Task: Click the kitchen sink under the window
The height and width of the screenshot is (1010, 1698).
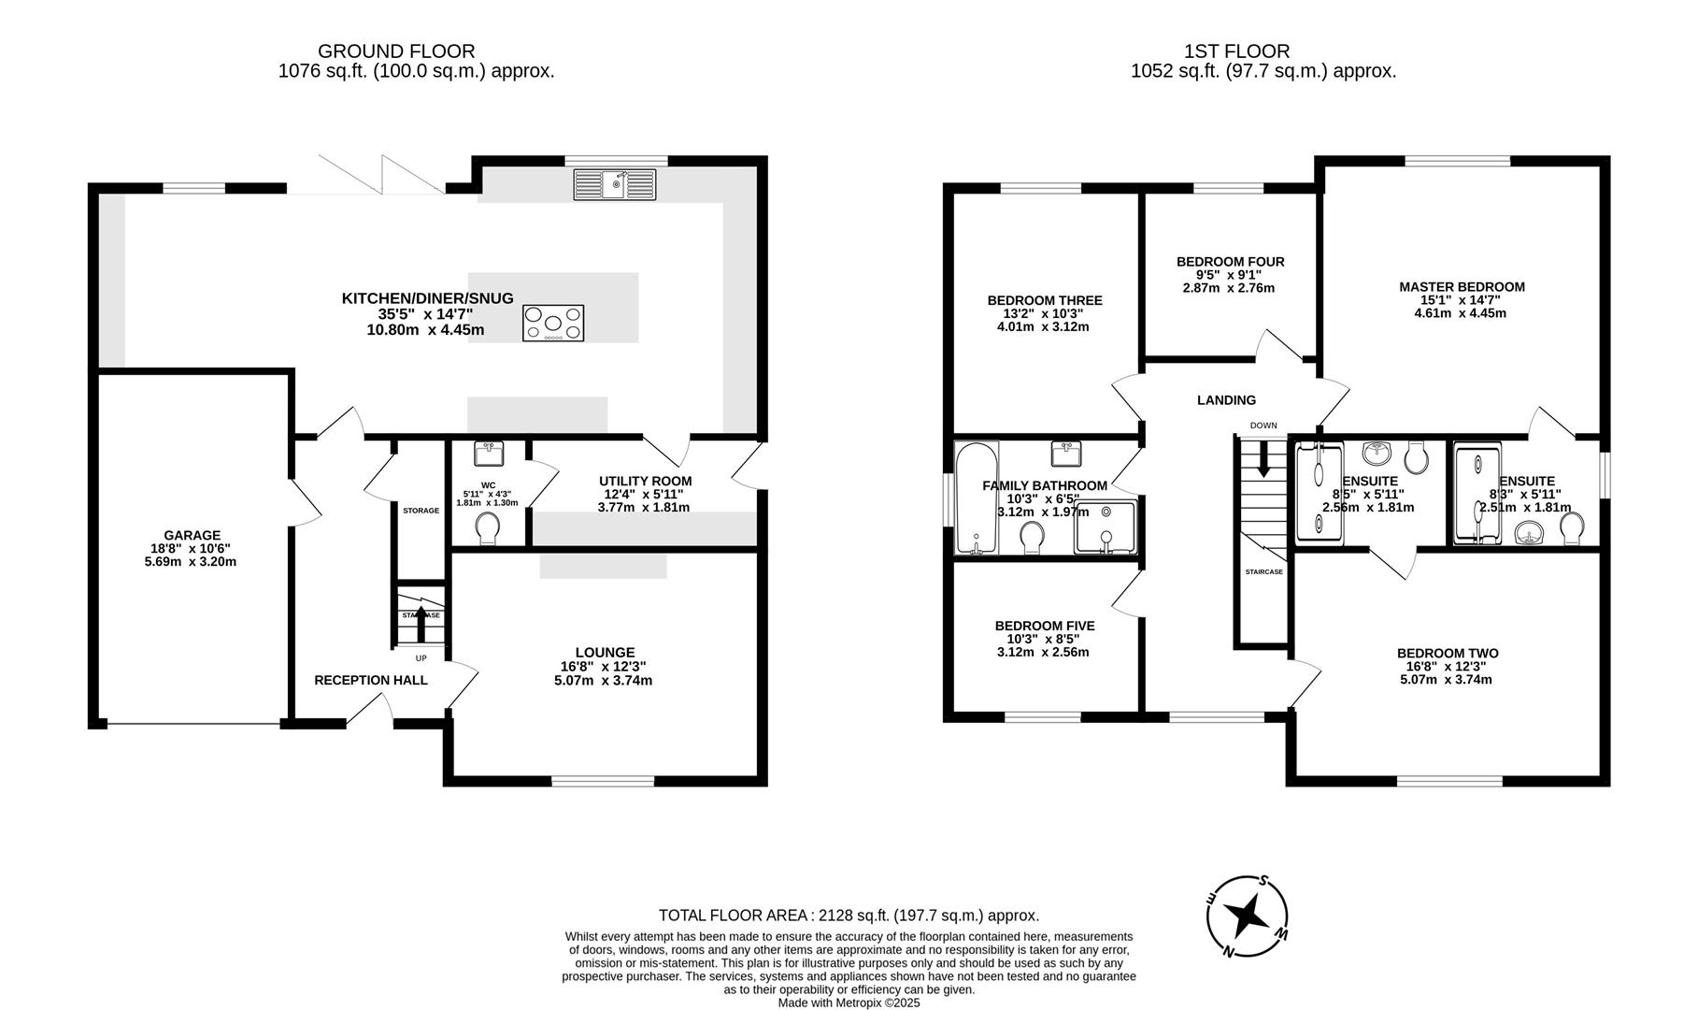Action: pyautogui.click(x=615, y=184)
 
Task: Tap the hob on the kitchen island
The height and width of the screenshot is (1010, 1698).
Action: pyautogui.click(x=553, y=323)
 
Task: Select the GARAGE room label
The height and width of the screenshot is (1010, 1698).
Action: pyautogui.click(x=193, y=536)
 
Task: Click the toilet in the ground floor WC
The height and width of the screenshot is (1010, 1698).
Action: pyautogui.click(x=487, y=529)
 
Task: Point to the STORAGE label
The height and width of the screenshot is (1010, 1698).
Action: pyautogui.click(x=421, y=511)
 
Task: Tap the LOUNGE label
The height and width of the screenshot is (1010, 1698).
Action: pyautogui.click(x=605, y=652)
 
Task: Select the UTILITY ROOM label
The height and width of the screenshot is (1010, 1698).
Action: pyautogui.click(x=645, y=481)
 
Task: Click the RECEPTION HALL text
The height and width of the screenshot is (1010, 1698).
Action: pyautogui.click(x=371, y=680)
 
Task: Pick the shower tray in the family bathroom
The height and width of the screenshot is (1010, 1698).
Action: pyautogui.click(x=1106, y=527)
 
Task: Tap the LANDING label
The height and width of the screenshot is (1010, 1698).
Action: pyautogui.click(x=1226, y=400)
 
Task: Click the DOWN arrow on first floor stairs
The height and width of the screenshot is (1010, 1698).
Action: pyautogui.click(x=1263, y=459)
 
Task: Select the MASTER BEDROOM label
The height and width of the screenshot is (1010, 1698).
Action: pyautogui.click(x=1462, y=287)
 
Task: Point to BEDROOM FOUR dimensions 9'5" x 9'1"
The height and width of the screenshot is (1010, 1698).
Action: pyautogui.click(x=1230, y=275)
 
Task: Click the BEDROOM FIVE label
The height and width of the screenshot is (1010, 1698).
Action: pyautogui.click(x=1044, y=626)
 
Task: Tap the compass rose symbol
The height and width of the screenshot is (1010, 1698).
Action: pyautogui.click(x=1248, y=916)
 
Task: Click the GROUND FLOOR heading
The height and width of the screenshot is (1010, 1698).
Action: pyautogui.click(x=396, y=51)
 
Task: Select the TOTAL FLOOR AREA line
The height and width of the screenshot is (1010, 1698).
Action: pyautogui.click(x=849, y=916)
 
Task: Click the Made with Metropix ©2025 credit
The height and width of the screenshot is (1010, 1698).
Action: pyautogui.click(x=849, y=1003)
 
